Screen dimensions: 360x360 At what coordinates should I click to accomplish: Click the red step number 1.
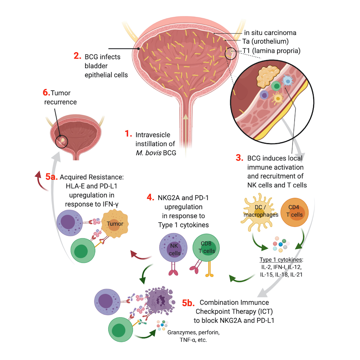pos(128,134)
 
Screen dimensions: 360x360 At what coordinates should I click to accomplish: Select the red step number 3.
pos(239,158)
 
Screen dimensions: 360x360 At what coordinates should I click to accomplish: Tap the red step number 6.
pos(46,92)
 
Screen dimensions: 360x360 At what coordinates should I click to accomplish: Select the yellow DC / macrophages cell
pos(258,212)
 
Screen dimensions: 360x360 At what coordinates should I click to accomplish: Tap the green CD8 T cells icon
pos(207,248)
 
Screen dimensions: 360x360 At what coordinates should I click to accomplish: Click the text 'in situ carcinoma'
pos(270,32)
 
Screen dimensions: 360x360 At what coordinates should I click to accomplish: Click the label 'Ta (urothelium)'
pos(266,42)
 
